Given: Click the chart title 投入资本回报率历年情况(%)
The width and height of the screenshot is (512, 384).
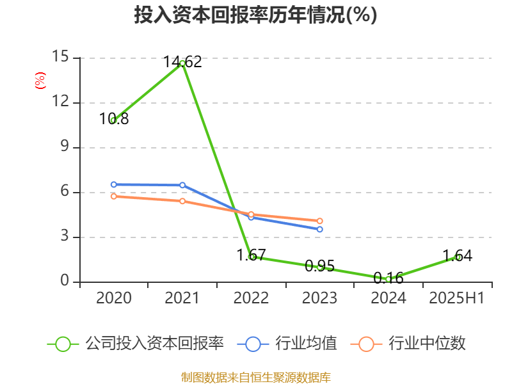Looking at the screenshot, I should pyautogui.click(x=255, y=15).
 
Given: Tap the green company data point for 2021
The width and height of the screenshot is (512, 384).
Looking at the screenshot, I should pyautogui.click(x=182, y=63).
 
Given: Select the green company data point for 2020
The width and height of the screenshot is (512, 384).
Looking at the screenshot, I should pyautogui.click(x=114, y=120).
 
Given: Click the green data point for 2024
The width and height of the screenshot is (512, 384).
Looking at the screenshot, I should pyautogui.click(x=388, y=279).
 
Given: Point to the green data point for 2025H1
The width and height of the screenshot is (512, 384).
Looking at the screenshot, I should pyautogui.click(x=458, y=257).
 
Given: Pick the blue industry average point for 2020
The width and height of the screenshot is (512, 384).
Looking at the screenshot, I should pyautogui.click(x=114, y=184).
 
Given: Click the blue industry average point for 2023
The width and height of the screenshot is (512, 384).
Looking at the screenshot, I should pyautogui.click(x=320, y=229).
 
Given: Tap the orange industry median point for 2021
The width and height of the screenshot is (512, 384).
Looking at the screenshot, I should pyautogui.click(x=182, y=201).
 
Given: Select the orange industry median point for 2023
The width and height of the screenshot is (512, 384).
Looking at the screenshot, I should pyautogui.click(x=320, y=221).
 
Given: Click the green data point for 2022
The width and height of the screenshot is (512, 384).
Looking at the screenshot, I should pyautogui.click(x=252, y=257).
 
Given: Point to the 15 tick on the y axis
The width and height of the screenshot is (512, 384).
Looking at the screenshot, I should pyautogui.click(x=60, y=57).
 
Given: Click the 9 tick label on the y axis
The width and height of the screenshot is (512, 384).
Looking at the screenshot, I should pyautogui.click(x=64, y=147).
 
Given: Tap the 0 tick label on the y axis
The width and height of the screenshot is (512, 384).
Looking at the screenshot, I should pyautogui.click(x=64, y=282).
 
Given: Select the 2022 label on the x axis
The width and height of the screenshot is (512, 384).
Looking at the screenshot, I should pyautogui.click(x=251, y=298).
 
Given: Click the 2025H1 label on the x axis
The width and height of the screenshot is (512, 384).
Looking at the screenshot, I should pyautogui.click(x=457, y=298).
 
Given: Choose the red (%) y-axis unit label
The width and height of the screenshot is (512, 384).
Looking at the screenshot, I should pyautogui.click(x=40, y=81).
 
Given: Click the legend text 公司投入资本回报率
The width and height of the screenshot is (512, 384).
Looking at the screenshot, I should pyautogui.click(x=155, y=344).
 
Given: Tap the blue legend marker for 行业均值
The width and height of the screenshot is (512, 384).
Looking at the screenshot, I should pyautogui.click(x=253, y=344).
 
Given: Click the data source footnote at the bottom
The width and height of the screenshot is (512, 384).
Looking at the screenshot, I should pyautogui.click(x=255, y=377).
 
